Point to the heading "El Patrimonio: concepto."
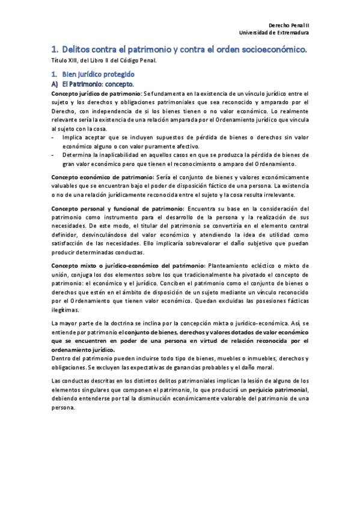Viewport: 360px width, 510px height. click(x=97, y=84)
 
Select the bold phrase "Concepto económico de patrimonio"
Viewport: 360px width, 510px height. click(x=102, y=177)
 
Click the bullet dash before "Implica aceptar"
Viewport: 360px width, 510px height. click(x=53, y=138)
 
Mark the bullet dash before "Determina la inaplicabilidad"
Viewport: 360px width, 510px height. click(x=53, y=155)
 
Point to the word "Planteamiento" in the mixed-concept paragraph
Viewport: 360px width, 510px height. click(x=229, y=265)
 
